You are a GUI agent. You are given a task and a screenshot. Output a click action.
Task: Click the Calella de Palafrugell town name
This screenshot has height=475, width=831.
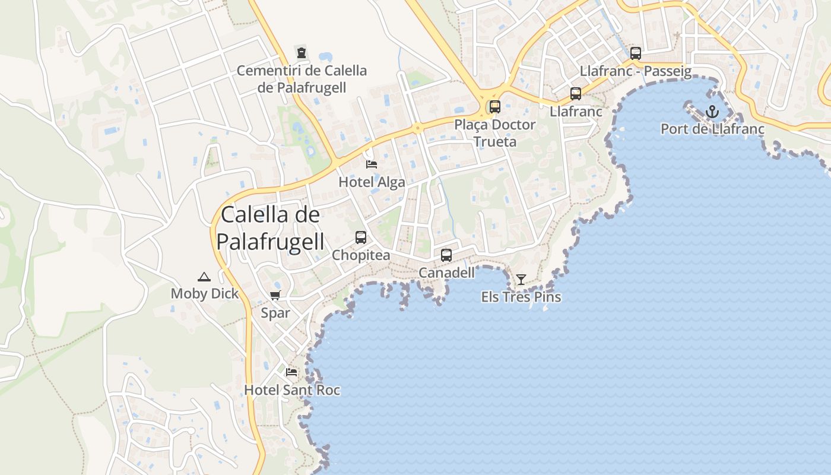coord(270,229)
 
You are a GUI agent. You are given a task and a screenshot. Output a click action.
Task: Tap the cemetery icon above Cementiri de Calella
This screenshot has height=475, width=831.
coord(302,52)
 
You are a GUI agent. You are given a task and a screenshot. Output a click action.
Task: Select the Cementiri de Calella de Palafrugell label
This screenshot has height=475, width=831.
coord(302,79)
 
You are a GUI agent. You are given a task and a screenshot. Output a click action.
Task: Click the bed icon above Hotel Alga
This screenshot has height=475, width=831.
coord(372,164)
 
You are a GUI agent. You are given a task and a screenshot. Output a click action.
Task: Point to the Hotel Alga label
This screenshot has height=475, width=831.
coord(372,182)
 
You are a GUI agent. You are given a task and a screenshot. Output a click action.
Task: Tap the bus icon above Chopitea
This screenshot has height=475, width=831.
coord(360,237)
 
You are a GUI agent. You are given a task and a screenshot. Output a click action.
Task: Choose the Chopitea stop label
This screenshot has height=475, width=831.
coord(361,255)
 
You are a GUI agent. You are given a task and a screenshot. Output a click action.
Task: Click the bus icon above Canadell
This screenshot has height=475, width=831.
coord(446,255)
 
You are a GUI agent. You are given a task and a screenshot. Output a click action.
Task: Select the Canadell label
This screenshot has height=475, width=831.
coord(446,273)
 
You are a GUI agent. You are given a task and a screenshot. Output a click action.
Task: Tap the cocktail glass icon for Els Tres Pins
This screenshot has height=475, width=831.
coord(521,279)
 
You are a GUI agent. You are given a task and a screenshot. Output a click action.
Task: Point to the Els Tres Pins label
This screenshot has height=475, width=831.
coord(521,297)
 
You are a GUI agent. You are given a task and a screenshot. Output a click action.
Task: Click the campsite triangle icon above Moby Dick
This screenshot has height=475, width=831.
coord(204,277)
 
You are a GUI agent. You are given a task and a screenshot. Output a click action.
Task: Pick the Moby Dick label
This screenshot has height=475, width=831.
coord(204,293)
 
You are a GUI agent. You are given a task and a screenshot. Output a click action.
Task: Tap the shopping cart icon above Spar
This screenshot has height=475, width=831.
coord(275,296)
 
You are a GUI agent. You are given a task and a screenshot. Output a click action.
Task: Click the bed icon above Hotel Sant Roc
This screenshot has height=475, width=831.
coord(291,372)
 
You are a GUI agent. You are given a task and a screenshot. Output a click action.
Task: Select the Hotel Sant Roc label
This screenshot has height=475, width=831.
coord(292,390)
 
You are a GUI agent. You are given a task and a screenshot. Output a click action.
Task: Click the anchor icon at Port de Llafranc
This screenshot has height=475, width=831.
coord(712,112)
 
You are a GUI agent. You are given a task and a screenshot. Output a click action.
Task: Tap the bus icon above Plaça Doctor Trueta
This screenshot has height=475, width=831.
coord(494,107)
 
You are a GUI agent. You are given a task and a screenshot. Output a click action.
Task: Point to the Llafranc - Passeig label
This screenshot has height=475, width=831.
coord(636,71)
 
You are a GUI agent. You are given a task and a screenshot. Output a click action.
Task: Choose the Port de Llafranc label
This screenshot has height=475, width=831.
coord(712,129)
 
